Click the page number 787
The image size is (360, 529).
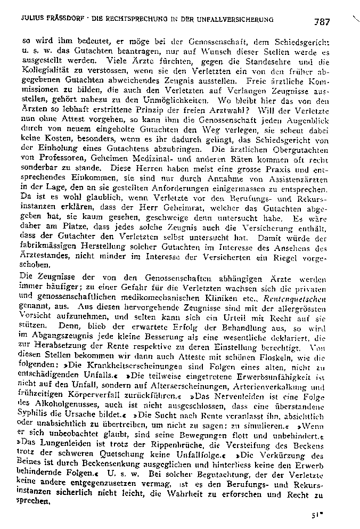pyautogui.click(x=322, y=22)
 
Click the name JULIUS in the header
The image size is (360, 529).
pyautogui.click(x=32, y=19)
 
